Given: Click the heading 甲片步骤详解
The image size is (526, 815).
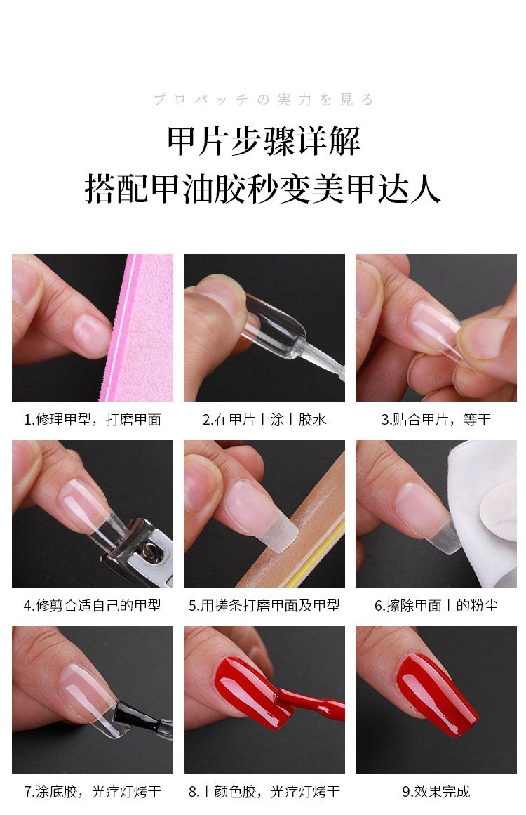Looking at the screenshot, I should (x=263, y=143).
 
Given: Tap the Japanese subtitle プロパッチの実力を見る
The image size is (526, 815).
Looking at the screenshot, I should (x=263, y=100).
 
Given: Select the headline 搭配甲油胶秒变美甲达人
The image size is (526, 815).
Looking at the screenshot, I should (x=263, y=188).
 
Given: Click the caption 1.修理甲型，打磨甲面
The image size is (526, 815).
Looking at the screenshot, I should (x=93, y=420).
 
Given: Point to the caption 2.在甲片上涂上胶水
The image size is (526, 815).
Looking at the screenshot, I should (x=264, y=420).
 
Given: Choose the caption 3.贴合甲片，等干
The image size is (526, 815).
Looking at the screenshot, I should (x=436, y=420).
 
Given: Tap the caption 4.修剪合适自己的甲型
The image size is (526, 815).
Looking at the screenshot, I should (x=93, y=605).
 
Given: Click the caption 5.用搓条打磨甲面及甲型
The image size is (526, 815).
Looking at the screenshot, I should (x=264, y=605).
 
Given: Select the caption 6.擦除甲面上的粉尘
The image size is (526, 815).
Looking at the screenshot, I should (x=436, y=605).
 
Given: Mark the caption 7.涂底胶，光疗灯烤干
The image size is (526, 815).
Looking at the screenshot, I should (x=93, y=791).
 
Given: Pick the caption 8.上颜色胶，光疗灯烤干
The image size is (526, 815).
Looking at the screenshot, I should (x=264, y=791).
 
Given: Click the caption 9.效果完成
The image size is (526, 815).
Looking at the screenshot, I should (x=436, y=791).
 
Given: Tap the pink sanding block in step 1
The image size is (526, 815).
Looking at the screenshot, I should (x=144, y=330).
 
